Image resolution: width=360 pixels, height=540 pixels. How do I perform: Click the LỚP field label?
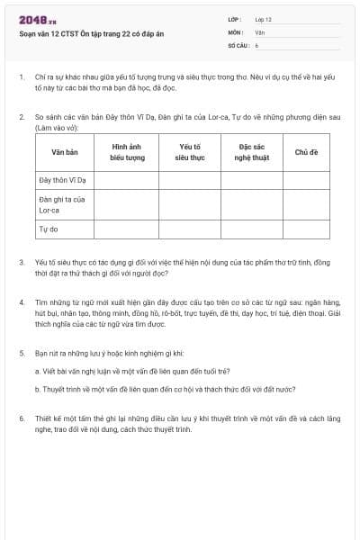click(235, 19)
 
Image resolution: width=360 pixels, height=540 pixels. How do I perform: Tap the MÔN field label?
click(236, 31)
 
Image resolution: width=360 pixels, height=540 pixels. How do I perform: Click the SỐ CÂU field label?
click(238, 44)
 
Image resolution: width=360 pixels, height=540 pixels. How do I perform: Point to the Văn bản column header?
click(64, 152)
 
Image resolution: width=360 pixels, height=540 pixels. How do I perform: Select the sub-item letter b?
click(37, 390)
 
